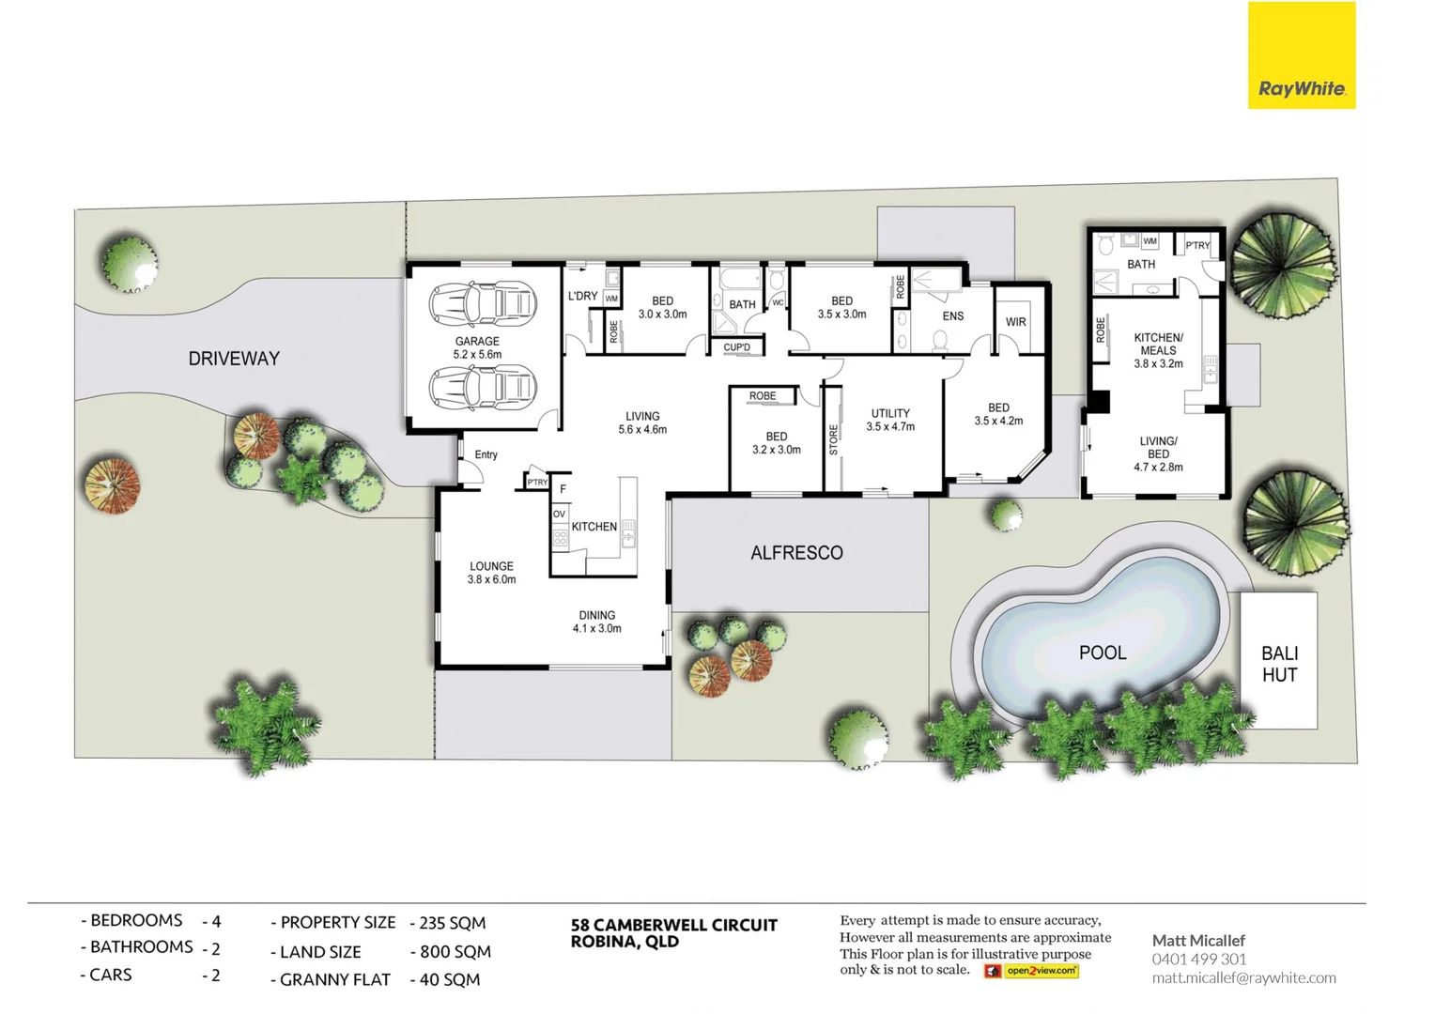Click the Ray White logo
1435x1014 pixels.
click(1301, 55)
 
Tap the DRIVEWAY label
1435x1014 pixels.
click(234, 359)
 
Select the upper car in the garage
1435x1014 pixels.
click(483, 303)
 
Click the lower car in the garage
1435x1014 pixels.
click(483, 386)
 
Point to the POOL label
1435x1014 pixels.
click(1102, 653)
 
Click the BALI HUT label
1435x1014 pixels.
click(1279, 664)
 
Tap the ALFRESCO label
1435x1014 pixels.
click(796, 553)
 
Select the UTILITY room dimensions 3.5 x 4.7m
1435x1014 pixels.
click(890, 426)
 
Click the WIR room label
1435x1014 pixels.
click(1016, 322)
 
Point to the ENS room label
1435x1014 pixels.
click(953, 316)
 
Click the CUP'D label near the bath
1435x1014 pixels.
click(737, 347)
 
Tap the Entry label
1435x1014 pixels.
click(486, 454)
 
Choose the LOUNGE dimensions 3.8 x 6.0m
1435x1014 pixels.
click(491, 579)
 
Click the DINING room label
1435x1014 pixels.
click(596, 616)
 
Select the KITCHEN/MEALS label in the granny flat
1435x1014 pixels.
click(1158, 344)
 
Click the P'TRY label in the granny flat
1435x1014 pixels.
click(1197, 246)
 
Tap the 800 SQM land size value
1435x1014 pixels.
click(455, 951)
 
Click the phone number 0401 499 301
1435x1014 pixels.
click(1199, 959)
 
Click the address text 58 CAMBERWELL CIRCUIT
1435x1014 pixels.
click(673, 925)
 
